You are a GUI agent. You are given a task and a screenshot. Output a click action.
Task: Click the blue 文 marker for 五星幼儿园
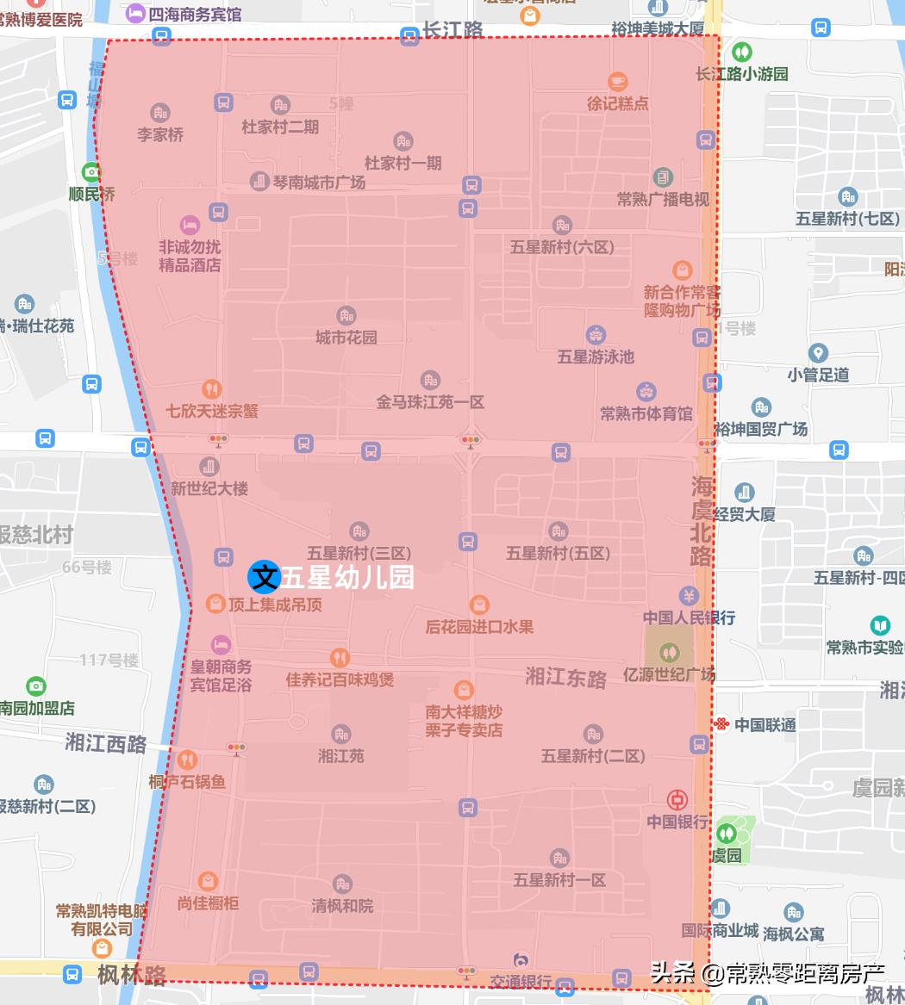coord(264,576)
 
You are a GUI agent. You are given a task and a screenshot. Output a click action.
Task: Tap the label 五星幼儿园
coord(346,577)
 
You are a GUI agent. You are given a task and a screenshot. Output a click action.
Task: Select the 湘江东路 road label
coord(566,677)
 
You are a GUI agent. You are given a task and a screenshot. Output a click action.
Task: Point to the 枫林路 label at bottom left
coord(131,975)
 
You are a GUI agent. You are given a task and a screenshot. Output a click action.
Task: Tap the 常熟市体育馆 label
coord(646,413)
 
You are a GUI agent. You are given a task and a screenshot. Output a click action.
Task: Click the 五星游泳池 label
coord(596,356)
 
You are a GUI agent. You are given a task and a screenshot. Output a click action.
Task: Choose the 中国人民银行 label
coord(689,617)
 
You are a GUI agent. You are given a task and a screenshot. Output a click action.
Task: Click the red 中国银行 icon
coord(678,800)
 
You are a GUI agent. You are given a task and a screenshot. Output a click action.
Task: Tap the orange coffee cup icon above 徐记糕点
coord(617,82)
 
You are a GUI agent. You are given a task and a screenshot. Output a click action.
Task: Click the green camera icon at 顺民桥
coord(91,171)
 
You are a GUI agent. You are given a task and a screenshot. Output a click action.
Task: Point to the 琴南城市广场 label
coord(319,183)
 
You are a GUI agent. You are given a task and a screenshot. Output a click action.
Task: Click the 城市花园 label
coord(346,337)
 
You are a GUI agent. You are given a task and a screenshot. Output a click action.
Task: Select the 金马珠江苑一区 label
coord(430,401)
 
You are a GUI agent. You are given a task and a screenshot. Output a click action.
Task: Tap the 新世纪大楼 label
coord(209,488)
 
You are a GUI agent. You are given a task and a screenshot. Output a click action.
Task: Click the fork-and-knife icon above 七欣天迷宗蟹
coord(212,389)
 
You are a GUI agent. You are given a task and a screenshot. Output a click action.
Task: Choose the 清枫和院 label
coord(342,906)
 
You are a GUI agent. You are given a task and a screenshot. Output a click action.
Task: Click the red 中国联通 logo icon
coord(721,724)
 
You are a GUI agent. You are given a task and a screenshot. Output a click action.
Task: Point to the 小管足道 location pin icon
coord(818,353)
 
